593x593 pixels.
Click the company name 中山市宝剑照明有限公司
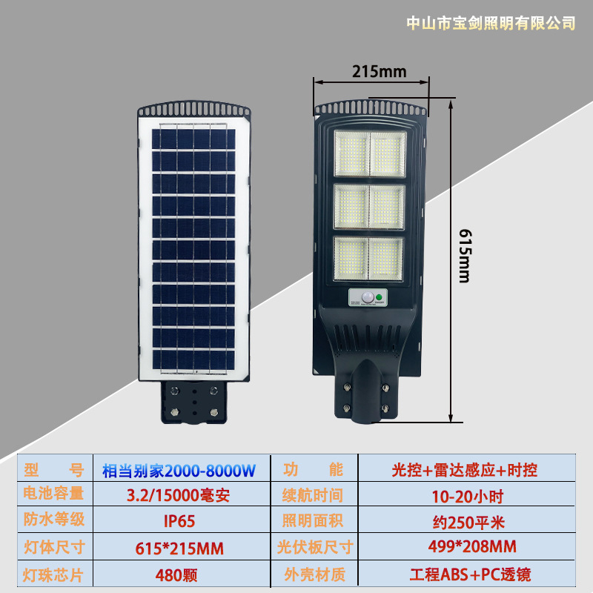491,24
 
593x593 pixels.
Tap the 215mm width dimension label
379,72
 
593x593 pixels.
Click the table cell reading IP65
179,520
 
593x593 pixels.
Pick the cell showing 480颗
179,573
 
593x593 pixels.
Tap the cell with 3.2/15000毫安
179,494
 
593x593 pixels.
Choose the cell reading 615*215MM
179,548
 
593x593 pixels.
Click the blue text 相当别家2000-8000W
179,469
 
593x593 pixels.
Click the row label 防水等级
55,520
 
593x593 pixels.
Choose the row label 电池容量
55,494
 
